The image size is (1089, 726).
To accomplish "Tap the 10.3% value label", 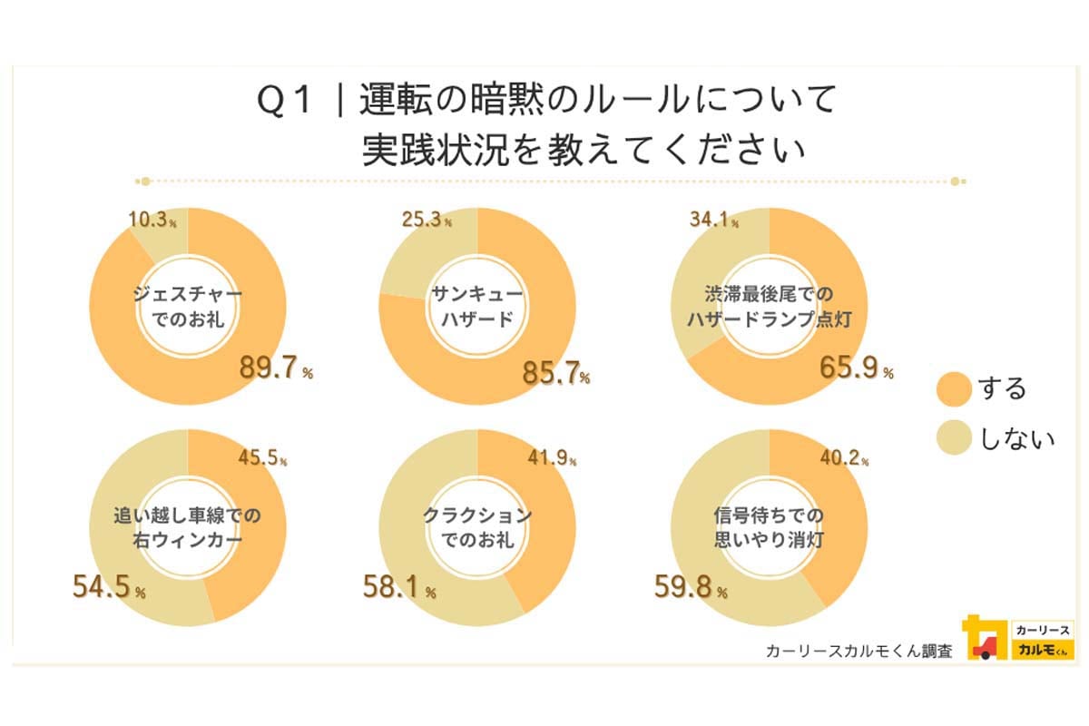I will point(152,219).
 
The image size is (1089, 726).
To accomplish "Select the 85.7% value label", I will point(556,372).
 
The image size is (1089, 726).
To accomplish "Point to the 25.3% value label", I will point(427,219).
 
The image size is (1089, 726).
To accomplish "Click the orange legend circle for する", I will point(952,388).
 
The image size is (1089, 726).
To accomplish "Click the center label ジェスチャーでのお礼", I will point(187,308).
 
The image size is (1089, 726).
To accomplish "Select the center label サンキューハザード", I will point(477,306).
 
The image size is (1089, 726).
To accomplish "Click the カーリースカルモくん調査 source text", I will point(858,651).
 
